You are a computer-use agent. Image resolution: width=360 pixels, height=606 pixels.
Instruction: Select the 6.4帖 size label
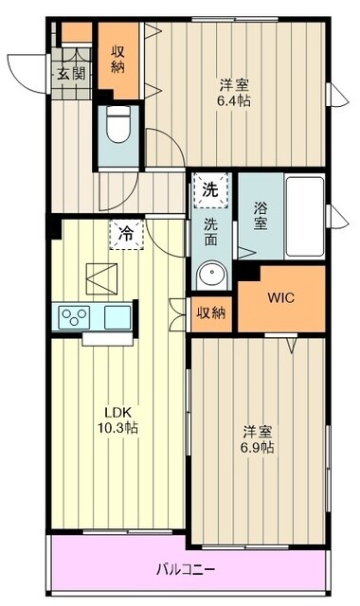(236, 98)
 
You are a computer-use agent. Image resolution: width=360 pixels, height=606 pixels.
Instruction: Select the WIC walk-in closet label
(279, 297)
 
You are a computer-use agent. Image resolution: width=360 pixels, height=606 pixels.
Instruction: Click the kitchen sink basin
(118, 316)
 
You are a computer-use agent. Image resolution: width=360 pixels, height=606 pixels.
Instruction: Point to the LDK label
(117, 412)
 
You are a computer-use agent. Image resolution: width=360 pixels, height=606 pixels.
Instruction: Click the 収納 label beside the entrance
(119, 59)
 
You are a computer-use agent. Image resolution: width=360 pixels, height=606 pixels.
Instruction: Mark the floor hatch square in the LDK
(100, 277)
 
